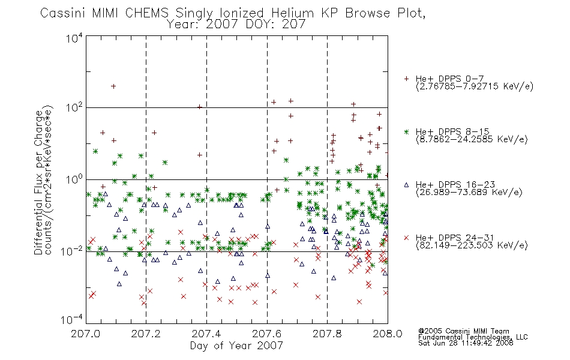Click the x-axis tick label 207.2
click(146, 334)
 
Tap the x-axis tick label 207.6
click(267, 334)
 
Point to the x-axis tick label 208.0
click(388, 334)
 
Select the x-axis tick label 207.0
click(85, 334)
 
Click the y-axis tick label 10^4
click(74, 38)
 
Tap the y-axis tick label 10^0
click(74, 179)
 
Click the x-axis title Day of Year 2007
click(236, 346)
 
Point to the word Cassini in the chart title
click(62, 13)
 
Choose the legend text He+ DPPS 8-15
click(452, 131)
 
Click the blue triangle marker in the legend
click(406, 185)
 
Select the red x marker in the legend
click(406, 238)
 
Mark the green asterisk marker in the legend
click(406, 131)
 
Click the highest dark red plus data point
click(113, 86)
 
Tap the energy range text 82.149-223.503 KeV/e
click(472, 245)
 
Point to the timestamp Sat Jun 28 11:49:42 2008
click(466, 343)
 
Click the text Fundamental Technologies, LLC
click(473, 337)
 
